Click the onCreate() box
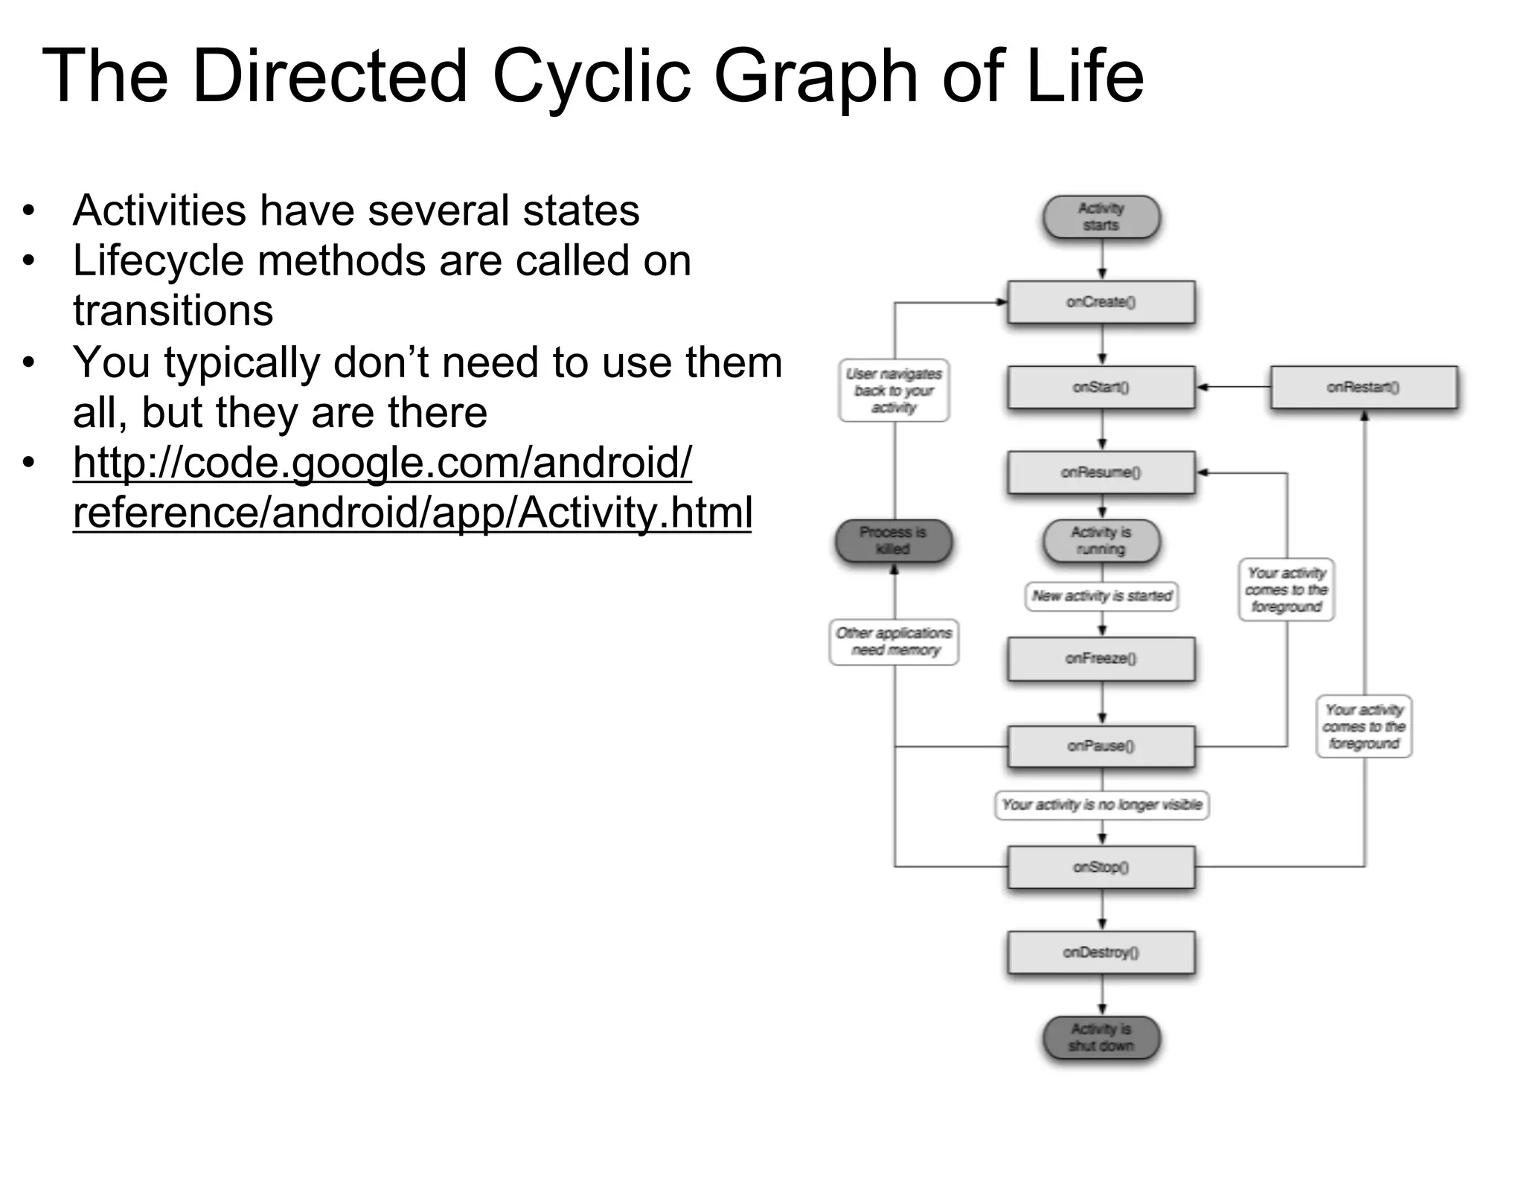(1101, 302)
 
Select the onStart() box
(1101, 387)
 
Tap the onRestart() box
(1363, 387)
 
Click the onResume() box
(1101, 472)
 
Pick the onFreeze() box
(1101, 658)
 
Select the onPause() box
(1101, 746)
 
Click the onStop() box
(1101, 867)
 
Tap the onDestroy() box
(1101, 952)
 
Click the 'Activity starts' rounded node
(1101, 217)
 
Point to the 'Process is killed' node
(893, 541)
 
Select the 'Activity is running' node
(1101, 541)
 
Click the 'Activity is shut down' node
(1101, 1038)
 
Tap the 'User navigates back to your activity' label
(894, 391)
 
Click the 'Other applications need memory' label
(894, 641)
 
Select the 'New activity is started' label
(1101, 596)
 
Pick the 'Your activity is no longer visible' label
(1101, 805)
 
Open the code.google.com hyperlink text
(382, 463)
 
